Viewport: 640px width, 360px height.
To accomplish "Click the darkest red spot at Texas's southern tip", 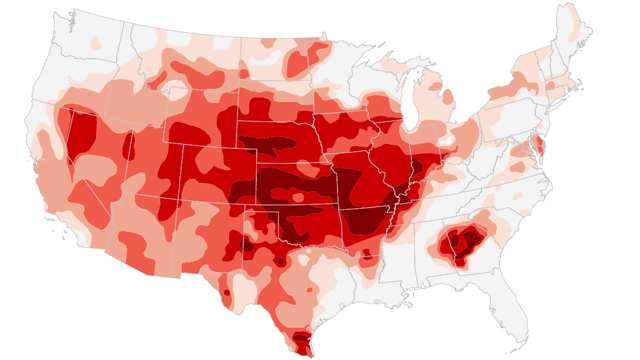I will tap(303, 345).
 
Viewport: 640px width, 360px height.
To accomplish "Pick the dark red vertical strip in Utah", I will tap(126, 146).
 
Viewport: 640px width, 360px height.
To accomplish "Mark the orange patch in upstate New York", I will tap(520, 85).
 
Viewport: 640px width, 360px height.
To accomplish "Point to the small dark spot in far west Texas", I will tap(227, 294).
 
